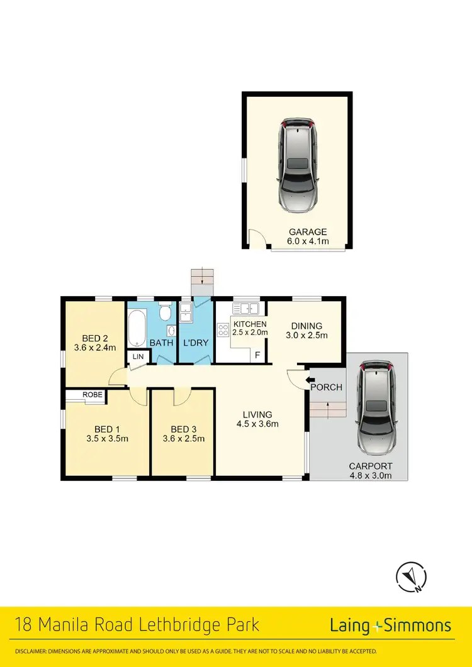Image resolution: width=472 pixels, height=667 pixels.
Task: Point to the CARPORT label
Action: tap(371, 466)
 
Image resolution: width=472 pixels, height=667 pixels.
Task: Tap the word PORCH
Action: tap(327, 387)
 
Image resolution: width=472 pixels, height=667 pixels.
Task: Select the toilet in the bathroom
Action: tap(165, 312)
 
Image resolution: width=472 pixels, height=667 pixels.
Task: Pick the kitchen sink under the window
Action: tap(245, 308)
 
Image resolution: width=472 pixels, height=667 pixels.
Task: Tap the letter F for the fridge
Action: tap(257, 355)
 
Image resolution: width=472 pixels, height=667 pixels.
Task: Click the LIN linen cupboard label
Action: tap(137, 356)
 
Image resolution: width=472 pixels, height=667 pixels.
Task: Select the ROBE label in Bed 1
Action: tap(93, 395)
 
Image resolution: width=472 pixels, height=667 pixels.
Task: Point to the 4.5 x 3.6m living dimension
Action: tap(258, 424)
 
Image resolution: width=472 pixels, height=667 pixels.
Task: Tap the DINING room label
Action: tap(306, 326)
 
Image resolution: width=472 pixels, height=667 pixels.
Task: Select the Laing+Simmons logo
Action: tap(390, 626)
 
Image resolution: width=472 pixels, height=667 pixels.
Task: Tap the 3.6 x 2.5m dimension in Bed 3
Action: tap(183, 439)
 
